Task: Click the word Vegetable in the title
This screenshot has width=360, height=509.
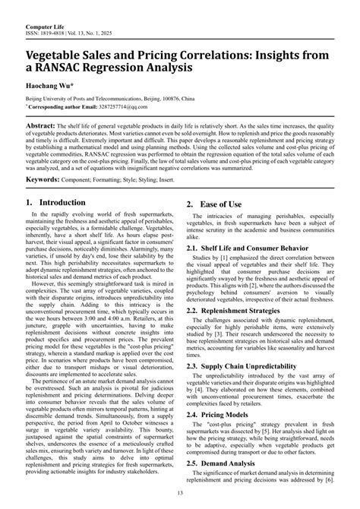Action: tap(62, 50)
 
